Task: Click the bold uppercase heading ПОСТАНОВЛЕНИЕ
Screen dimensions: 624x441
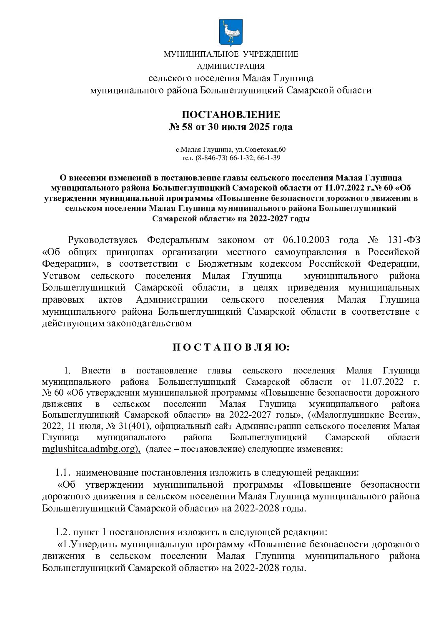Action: pyautogui.click(x=231, y=115)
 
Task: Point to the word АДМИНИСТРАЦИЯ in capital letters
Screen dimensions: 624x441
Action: pyautogui.click(x=231, y=66)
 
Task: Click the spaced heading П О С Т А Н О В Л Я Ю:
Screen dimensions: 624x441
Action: pyautogui.click(x=231, y=348)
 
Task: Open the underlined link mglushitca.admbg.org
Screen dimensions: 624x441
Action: pyautogui.click(x=91, y=449)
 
